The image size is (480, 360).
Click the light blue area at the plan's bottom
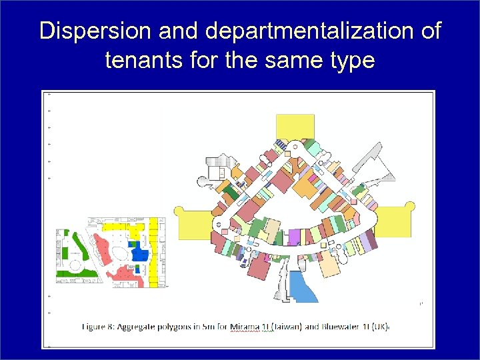[x=303, y=289]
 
